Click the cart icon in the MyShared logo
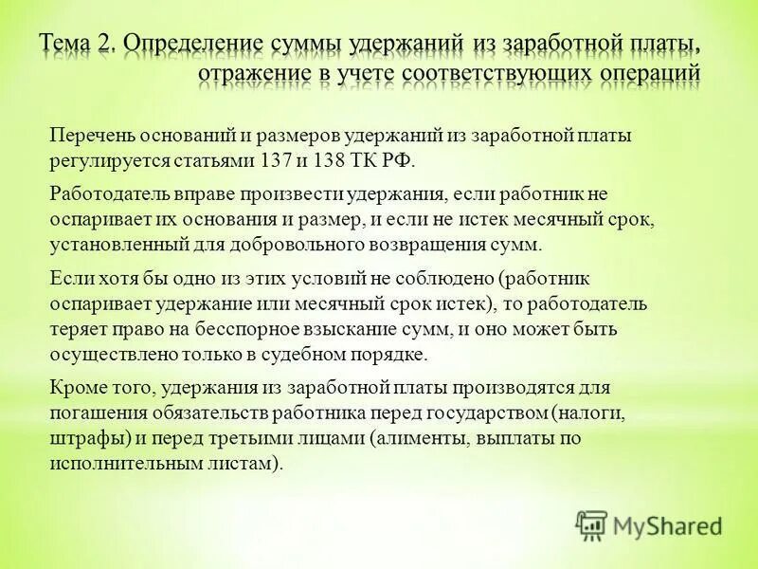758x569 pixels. click(x=591, y=524)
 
